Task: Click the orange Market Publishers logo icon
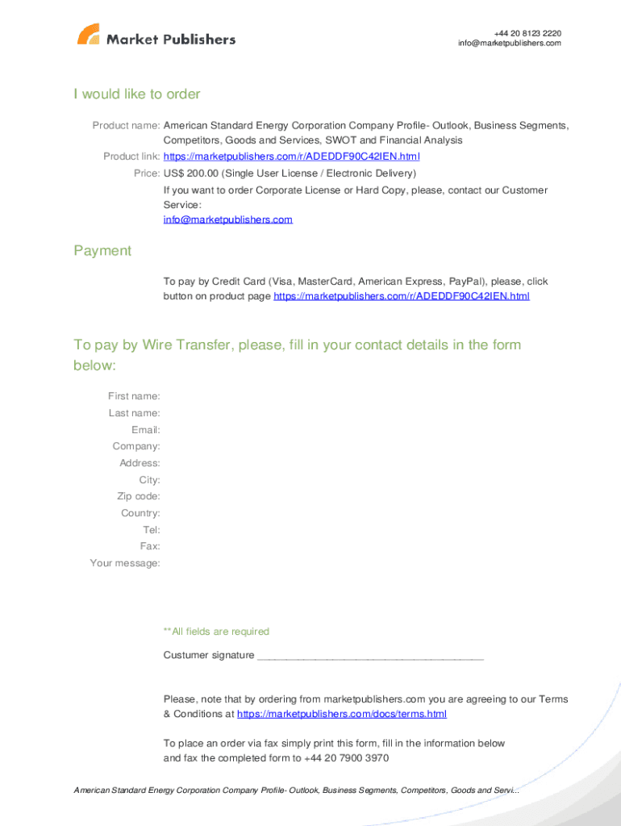click(x=89, y=35)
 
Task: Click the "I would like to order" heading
click(x=137, y=94)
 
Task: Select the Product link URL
click(x=291, y=156)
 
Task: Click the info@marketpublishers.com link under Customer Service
click(x=227, y=219)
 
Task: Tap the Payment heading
click(x=102, y=251)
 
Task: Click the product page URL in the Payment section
click(x=402, y=296)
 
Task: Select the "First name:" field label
click(x=134, y=396)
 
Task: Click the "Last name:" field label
click(x=134, y=413)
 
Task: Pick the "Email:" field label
click(x=145, y=430)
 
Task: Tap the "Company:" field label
click(x=136, y=446)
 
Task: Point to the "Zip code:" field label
click(x=138, y=496)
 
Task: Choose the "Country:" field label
click(x=140, y=513)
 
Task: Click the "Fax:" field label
click(x=149, y=546)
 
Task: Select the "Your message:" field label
click(x=125, y=563)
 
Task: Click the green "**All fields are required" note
click(x=216, y=632)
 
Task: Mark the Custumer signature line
click(x=369, y=657)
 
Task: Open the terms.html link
click(x=342, y=714)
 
